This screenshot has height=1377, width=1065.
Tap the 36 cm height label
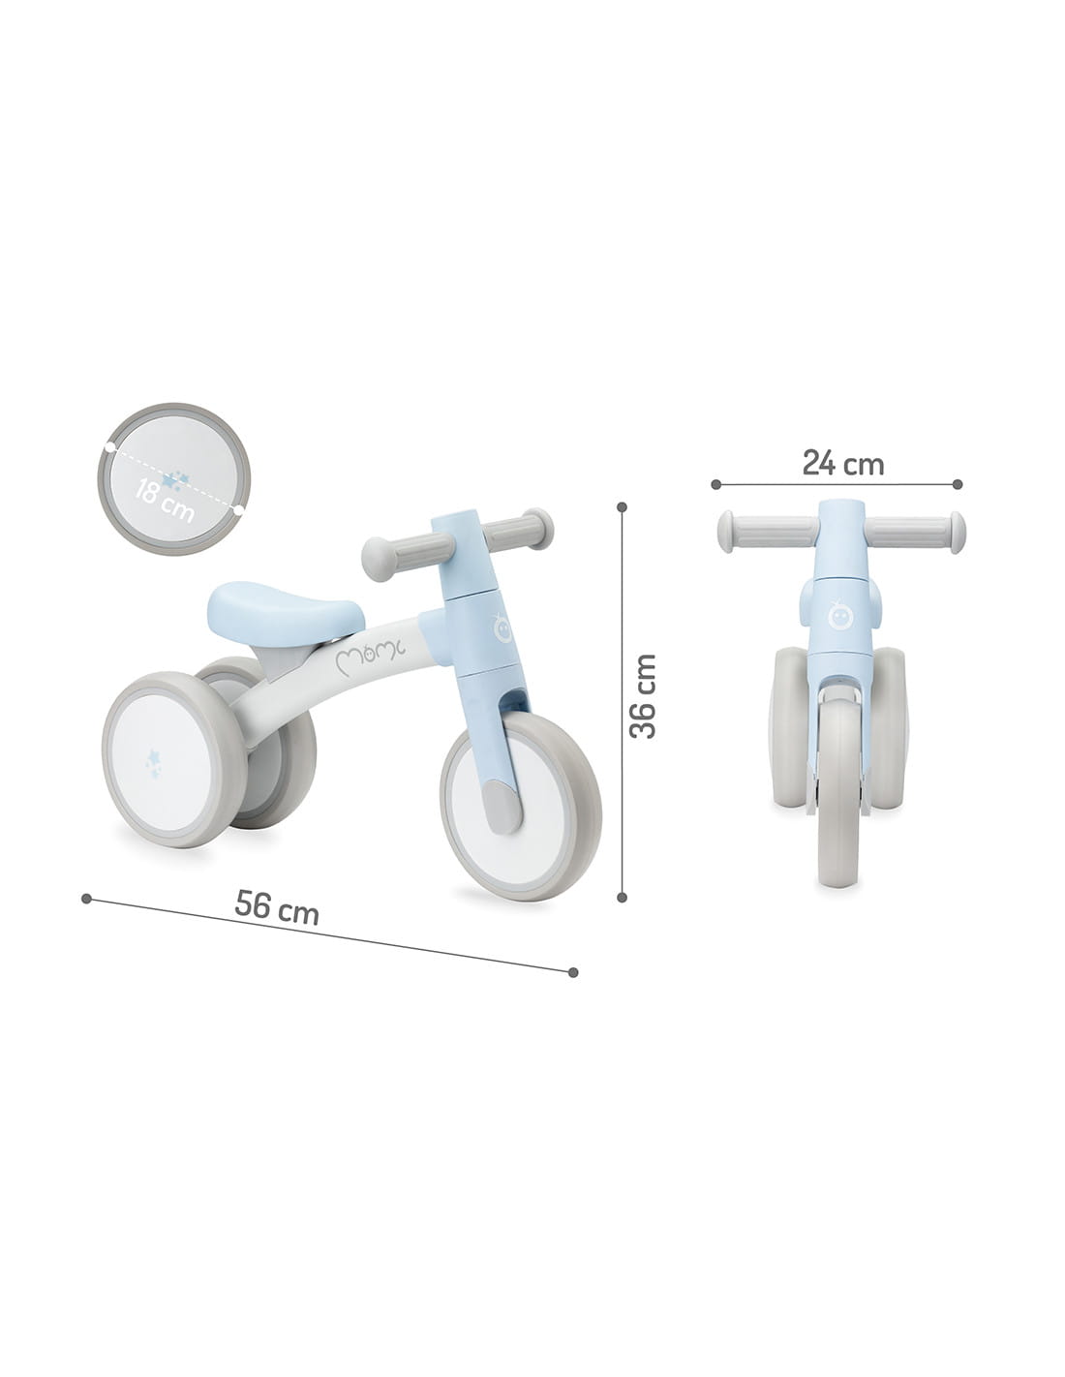tap(643, 696)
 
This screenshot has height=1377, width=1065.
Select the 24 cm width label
tap(842, 463)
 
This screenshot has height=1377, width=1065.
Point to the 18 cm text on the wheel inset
tap(164, 501)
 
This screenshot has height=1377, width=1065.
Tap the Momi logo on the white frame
tap(370, 656)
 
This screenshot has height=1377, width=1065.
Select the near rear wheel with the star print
tap(174, 759)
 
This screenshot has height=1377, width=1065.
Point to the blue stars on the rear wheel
tap(153, 762)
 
